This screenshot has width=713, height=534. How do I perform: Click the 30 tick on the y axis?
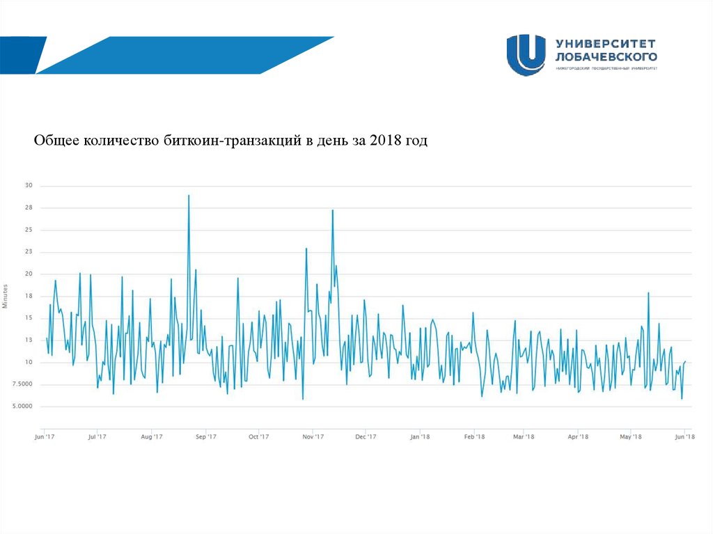coord(29,185)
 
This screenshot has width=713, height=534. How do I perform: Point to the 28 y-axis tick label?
coord(29,207)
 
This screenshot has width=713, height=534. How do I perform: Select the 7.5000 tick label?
coord(21,384)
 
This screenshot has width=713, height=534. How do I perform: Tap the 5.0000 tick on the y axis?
coord(21,407)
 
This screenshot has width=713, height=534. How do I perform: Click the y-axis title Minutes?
coord(6,296)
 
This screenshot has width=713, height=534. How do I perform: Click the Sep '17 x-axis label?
coord(206,437)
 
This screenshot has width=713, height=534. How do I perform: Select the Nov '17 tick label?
coord(314,437)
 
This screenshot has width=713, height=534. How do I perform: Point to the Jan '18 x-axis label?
coord(420,437)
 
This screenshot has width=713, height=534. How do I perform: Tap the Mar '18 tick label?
coord(524,437)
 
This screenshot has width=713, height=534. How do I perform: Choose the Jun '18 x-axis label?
coord(685,437)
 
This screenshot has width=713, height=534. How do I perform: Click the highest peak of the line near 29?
coord(189,196)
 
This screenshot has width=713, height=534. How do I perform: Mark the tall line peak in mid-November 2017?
coord(333,210)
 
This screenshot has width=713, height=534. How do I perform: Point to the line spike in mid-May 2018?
coord(648,293)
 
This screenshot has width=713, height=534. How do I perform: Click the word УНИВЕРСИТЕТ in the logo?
coord(606,43)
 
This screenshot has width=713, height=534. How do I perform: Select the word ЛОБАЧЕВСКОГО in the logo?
coord(606,56)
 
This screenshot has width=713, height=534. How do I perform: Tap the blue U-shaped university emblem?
coord(526,54)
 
